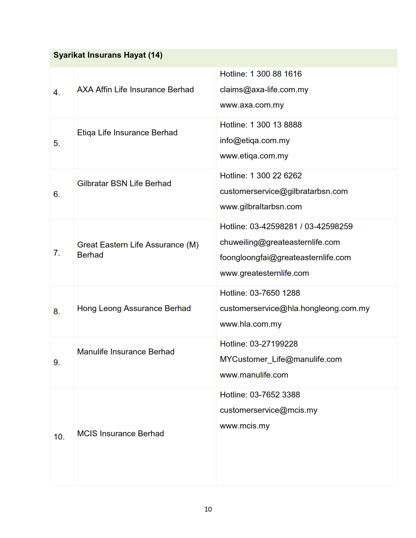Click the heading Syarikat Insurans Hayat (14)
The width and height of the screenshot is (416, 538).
(x=108, y=55)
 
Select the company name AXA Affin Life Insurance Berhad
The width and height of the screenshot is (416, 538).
(x=135, y=90)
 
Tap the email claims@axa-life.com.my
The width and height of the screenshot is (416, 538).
(x=264, y=90)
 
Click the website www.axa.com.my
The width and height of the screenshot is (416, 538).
(x=252, y=105)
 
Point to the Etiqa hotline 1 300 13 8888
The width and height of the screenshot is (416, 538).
(x=276, y=125)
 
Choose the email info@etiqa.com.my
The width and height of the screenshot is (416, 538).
(x=254, y=141)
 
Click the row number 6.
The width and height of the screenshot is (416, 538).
(x=56, y=194)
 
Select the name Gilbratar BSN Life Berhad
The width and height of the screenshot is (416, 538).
(x=124, y=184)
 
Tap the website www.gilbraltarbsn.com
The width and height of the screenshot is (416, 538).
(x=261, y=207)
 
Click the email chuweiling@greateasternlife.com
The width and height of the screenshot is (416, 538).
(x=280, y=242)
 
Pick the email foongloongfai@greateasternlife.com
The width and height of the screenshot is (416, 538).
(x=285, y=258)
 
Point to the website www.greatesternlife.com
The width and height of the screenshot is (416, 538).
(x=264, y=273)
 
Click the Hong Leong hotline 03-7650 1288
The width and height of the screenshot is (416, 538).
(x=275, y=293)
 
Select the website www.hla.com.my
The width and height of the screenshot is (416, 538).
(x=251, y=324)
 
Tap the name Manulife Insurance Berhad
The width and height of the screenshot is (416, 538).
(x=126, y=352)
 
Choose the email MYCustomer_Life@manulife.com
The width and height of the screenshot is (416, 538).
(x=281, y=359)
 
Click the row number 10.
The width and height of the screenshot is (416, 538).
(x=59, y=437)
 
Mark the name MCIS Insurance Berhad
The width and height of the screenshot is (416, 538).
(x=120, y=434)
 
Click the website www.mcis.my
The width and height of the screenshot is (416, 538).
(x=244, y=426)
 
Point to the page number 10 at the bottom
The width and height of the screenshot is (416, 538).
(x=208, y=509)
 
